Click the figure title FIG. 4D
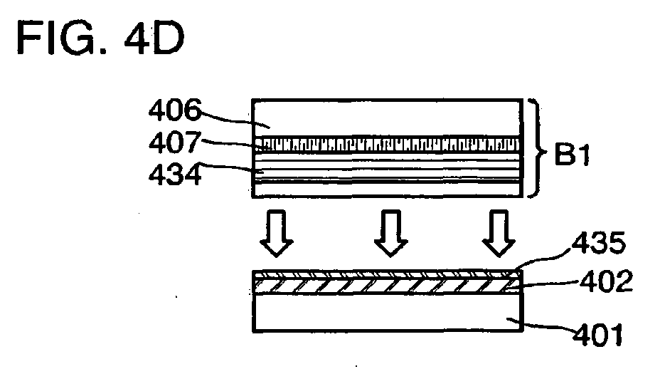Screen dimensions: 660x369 pos(100,38)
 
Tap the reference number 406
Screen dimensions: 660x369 pos(175,110)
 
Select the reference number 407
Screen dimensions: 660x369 pos(175,142)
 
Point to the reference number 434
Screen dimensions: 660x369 pos(175,174)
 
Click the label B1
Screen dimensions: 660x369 pos(573,155)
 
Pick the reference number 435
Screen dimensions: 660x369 pos(599,243)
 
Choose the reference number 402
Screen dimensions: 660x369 pos(606,281)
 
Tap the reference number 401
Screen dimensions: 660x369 pos(597,336)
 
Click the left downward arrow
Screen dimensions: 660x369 pos(276,233)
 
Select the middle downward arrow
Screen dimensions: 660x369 pos(391,233)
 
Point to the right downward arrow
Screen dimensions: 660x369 pos(499,233)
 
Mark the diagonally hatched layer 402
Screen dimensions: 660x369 pos(388,286)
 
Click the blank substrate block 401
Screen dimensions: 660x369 pos(388,313)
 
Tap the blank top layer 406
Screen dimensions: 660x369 pos(387,118)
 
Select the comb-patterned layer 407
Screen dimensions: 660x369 pos(387,144)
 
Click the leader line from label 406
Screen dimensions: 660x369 pos(233,120)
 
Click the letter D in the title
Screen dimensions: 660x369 pos(169,38)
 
